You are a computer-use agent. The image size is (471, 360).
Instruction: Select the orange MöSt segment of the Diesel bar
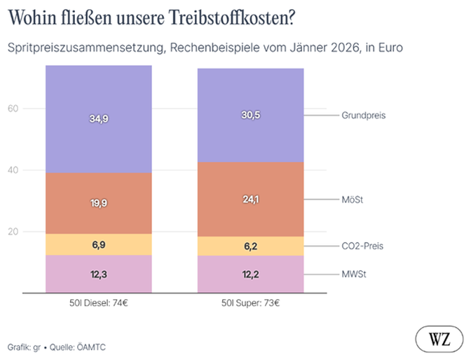click(99, 203)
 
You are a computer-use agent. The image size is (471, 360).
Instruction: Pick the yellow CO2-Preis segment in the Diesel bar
click(99, 244)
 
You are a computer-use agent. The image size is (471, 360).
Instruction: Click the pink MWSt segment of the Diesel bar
click(99, 274)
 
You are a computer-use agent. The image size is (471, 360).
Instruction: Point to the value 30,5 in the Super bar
click(250, 115)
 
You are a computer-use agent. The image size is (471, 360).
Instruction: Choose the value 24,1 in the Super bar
click(250, 200)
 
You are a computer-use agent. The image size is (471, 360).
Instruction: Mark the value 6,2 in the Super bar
click(250, 247)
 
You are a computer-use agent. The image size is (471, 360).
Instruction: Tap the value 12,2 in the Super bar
click(250, 274)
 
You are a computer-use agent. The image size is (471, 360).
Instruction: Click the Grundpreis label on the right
click(364, 115)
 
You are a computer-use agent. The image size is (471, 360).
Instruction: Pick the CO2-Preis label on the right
click(362, 247)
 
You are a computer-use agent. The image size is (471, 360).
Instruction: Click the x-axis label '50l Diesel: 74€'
click(99, 304)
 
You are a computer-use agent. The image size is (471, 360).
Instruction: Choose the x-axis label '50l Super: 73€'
click(250, 304)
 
